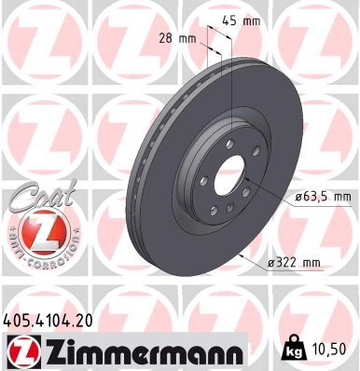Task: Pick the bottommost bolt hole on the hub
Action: pos(225,211)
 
